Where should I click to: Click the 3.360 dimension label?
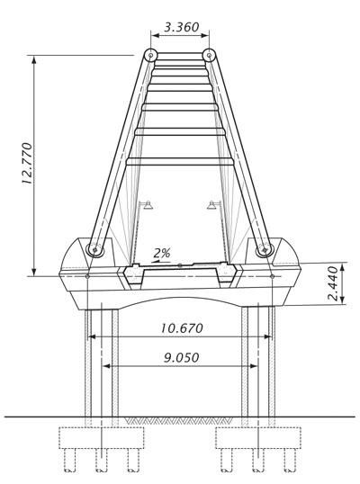[181, 27]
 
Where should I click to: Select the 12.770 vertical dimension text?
[27, 164]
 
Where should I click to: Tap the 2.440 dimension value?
[333, 283]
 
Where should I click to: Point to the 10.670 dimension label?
[182, 328]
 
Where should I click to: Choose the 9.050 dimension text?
[182, 357]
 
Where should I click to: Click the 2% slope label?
[162, 253]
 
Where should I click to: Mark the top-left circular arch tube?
[150, 56]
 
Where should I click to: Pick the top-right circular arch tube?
[209, 56]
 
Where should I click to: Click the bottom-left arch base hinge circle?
[94, 249]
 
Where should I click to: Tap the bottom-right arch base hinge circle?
[265, 250]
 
